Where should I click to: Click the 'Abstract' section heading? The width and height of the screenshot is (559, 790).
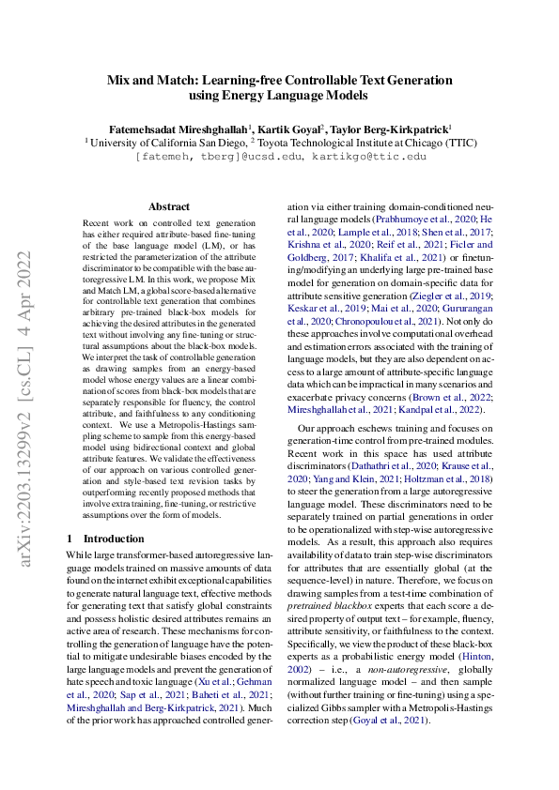click(169, 206)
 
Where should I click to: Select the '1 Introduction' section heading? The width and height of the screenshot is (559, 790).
click(105, 539)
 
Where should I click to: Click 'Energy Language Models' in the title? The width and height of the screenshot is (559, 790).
click(278, 95)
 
